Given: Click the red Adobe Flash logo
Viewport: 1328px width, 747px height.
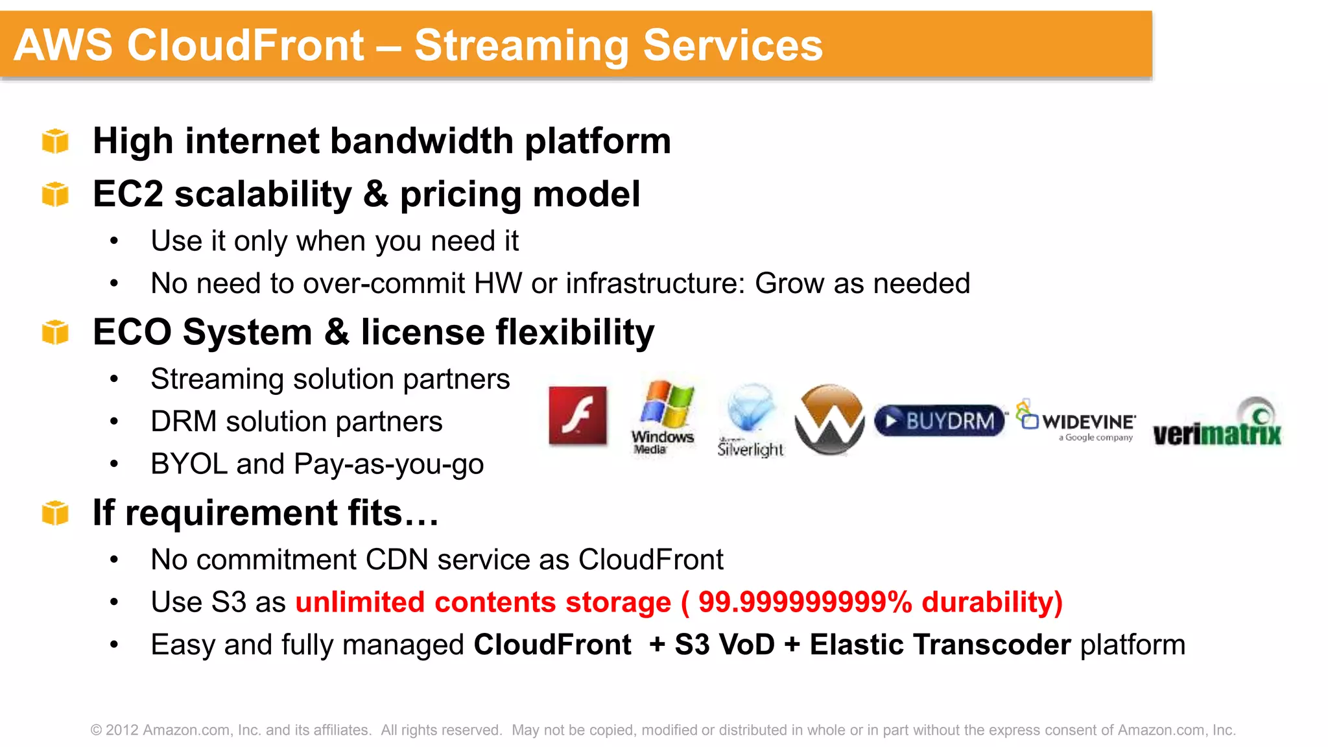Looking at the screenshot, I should (578, 416).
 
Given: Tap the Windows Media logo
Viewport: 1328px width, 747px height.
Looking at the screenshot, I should (663, 418).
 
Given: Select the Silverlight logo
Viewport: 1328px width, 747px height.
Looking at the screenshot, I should (751, 420).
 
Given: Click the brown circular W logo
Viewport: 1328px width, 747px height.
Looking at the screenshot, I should (829, 420).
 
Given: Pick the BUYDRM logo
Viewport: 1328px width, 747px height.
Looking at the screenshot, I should (939, 421).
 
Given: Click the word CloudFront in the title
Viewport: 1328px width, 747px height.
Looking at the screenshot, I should (245, 45).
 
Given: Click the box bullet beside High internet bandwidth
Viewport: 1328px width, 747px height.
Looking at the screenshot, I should (55, 141).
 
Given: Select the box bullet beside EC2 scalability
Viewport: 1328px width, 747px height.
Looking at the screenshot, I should (55, 194).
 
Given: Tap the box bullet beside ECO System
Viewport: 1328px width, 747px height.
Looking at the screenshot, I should (55, 332).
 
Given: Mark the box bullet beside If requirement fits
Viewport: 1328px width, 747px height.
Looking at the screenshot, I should (55, 513).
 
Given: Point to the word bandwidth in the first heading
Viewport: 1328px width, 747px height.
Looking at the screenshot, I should (421, 141).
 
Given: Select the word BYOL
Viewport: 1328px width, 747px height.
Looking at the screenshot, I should (189, 464).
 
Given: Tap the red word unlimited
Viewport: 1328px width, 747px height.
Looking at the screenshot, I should (359, 602).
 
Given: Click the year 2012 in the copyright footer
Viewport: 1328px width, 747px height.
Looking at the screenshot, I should (122, 730).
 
